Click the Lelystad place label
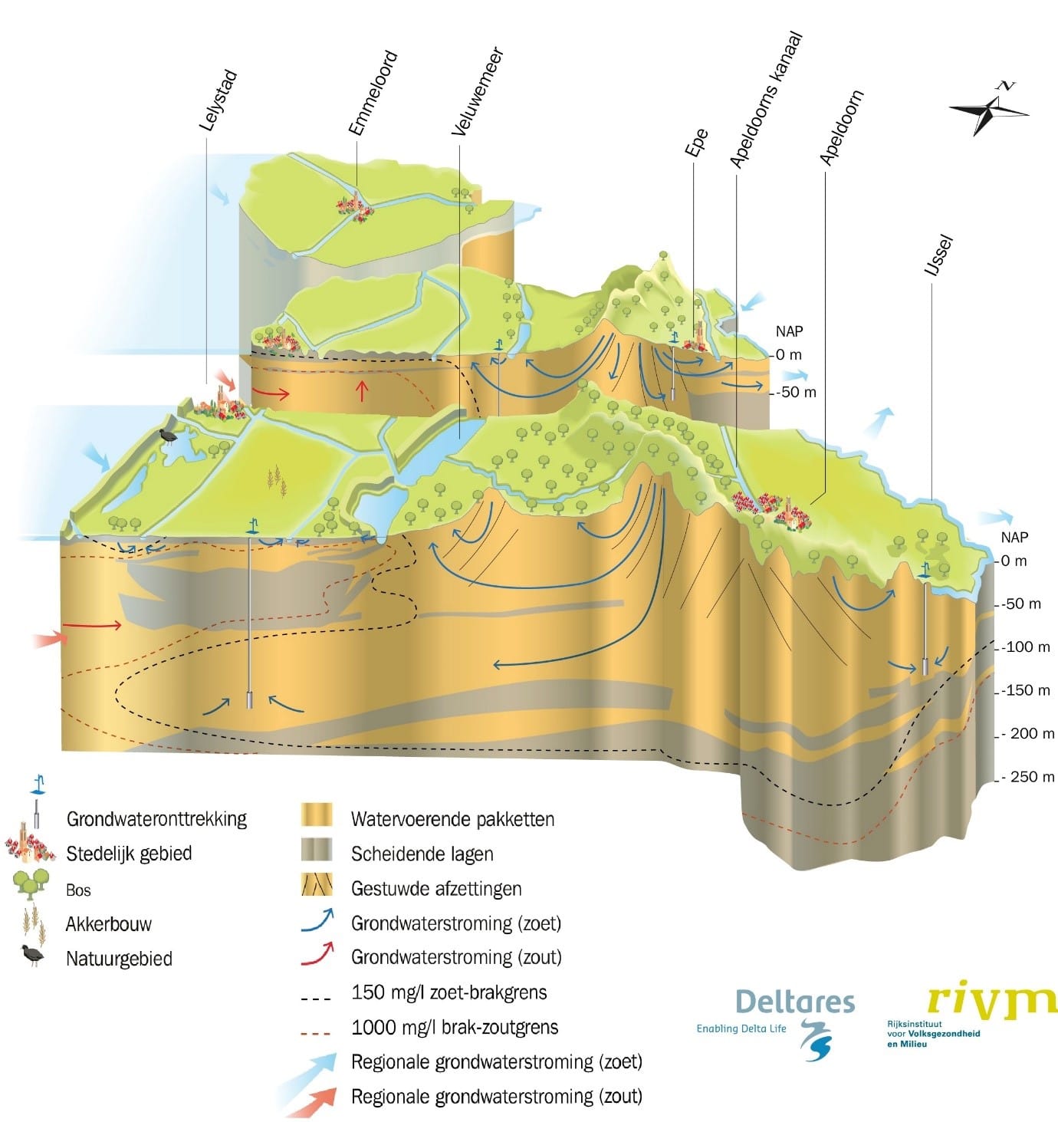(x=219, y=101)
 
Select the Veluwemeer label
(x=478, y=91)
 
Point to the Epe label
(x=695, y=143)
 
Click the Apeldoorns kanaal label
(x=766, y=100)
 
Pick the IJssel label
(x=938, y=255)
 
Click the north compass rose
(x=990, y=108)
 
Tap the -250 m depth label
(x=1025, y=777)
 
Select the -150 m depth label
(x=1025, y=689)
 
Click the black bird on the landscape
(x=168, y=436)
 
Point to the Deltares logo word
(x=795, y=1002)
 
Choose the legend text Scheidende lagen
(x=422, y=854)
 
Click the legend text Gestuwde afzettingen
(x=436, y=889)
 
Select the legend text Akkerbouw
(x=108, y=924)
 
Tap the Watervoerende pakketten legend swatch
(x=317, y=814)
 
